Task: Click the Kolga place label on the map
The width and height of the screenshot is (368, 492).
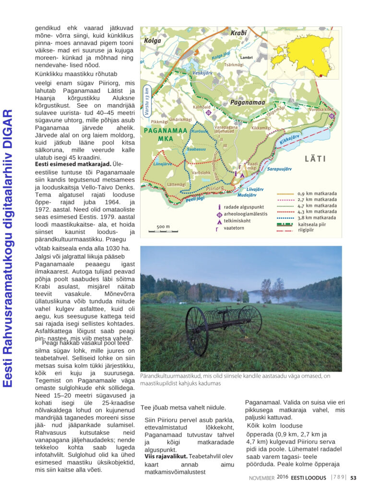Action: pyautogui.click(x=153, y=41)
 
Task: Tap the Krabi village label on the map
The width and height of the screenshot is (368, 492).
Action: pyautogui.click(x=238, y=33)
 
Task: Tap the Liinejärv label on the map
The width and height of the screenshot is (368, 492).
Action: pyautogui.click(x=163, y=163)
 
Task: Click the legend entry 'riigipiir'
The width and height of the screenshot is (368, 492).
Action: pyautogui.click(x=309, y=230)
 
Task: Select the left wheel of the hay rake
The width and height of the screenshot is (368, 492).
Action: pyautogui.click(x=197, y=331)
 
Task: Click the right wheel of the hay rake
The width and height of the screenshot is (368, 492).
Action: pyautogui.click(x=250, y=320)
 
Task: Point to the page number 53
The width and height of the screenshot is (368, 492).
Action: pyautogui.click(x=353, y=478)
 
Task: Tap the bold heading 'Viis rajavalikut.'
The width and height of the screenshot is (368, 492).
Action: pyautogui.click(x=166, y=455)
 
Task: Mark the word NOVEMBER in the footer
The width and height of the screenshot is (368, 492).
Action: pyautogui.click(x=261, y=478)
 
